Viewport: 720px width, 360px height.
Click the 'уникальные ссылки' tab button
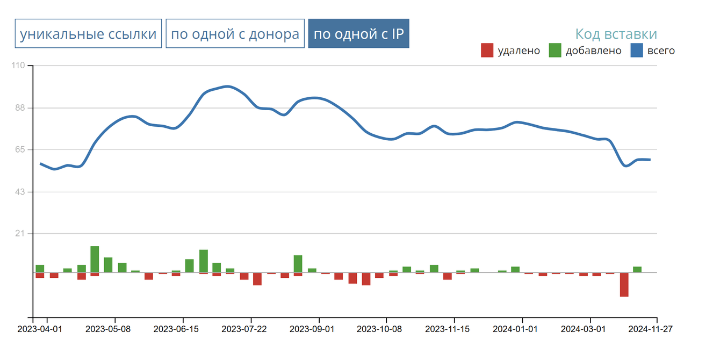click(x=88, y=34)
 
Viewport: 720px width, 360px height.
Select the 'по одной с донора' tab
click(x=235, y=34)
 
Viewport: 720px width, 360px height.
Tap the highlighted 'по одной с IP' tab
click(x=358, y=34)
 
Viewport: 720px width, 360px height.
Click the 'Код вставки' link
click(x=616, y=34)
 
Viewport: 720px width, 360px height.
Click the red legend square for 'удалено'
click(x=487, y=51)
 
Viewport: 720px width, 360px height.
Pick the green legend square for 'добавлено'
click(x=555, y=51)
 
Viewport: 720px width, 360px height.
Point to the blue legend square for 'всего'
click(x=637, y=51)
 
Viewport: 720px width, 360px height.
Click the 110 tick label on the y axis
click(x=18, y=66)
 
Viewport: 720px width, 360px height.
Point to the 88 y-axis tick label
click(x=19, y=108)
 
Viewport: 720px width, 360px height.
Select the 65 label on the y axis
click(x=19, y=149)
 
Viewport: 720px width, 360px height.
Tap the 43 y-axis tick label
click(x=19, y=192)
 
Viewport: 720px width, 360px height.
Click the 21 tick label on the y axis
click(x=19, y=234)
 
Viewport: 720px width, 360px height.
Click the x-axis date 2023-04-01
click(x=40, y=328)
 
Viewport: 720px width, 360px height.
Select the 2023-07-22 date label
click(x=244, y=328)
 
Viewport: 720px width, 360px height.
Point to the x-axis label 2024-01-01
click(x=515, y=328)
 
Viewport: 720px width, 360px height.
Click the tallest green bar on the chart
click(x=95, y=260)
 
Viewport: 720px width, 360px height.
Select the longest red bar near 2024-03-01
click(x=624, y=285)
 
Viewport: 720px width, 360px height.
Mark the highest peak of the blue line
click(x=227, y=86)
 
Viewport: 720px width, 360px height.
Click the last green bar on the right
click(x=637, y=269)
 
